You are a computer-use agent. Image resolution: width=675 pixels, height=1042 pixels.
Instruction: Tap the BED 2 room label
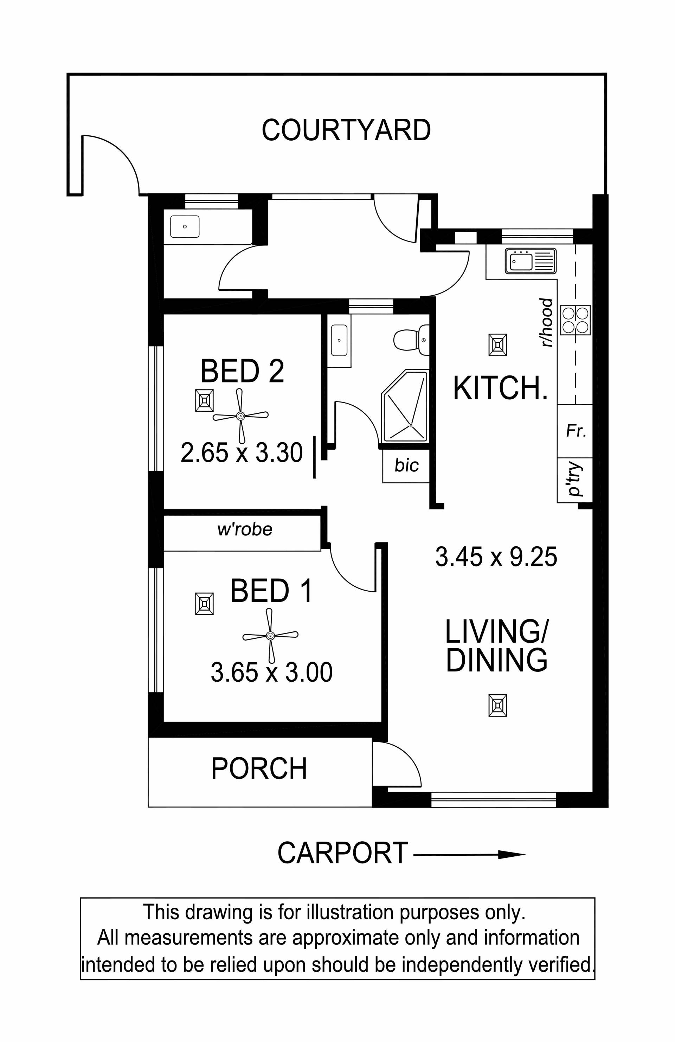pos(242,371)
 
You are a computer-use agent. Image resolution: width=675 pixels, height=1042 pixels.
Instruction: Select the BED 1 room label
pos(271,591)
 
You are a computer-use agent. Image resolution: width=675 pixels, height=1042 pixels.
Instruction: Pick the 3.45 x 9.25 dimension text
pos(496,557)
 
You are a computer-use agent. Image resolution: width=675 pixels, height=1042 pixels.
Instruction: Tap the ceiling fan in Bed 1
pos(270,635)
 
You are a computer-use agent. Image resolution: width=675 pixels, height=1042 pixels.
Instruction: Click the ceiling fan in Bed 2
pos(240,416)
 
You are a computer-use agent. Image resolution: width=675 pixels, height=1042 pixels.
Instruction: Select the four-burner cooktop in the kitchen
pos(576,320)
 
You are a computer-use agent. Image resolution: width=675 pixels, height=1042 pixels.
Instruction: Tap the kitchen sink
pos(531,260)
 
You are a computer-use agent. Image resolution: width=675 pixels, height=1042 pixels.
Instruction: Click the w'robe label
pos(245,529)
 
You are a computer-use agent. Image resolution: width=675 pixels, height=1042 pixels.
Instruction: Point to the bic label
pos(407,465)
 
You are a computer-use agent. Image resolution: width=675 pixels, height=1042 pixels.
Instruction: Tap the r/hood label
pos(547,323)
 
